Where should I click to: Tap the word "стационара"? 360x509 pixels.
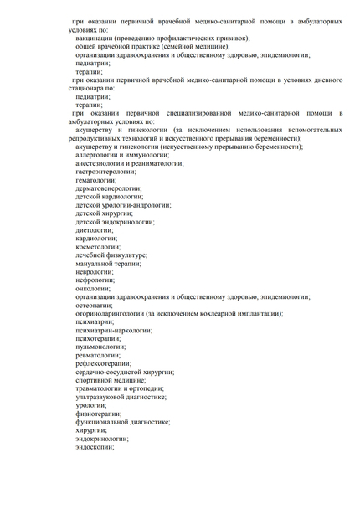(87, 87)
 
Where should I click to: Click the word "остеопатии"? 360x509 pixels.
(94, 305)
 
